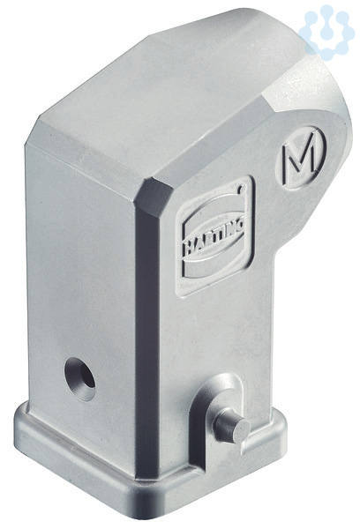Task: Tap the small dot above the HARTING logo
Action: coord(241,189)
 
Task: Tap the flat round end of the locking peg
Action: coord(241,431)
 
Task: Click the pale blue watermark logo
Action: coord(326,32)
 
